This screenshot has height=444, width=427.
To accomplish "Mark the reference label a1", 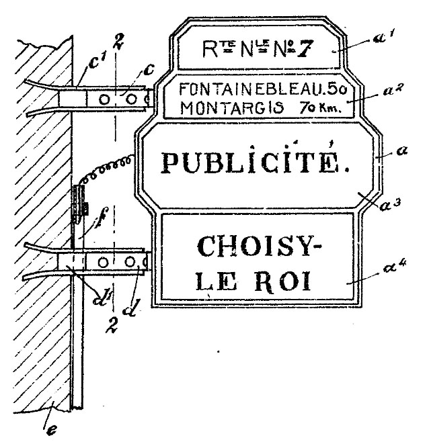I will point(381,41).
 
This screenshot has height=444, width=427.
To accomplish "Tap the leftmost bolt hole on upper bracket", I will point(103,99).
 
